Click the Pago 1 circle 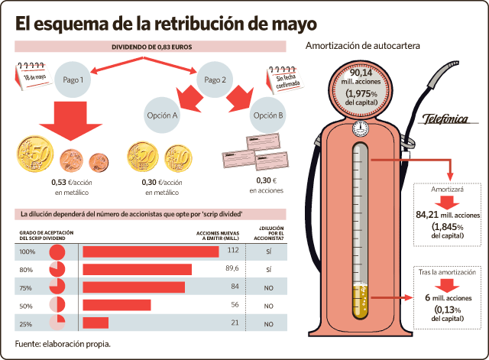click(73, 79)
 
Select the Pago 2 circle click(215, 79)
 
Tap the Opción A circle click(162, 115)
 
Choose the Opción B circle click(268, 115)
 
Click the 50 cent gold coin click(35, 154)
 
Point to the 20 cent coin click(143, 157)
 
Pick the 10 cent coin click(178, 158)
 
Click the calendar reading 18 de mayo click(34, 76)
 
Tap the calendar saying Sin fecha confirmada click(285, 79)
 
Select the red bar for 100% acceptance click(151, 251)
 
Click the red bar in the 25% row click(96, 323)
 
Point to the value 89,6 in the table click(232, 268)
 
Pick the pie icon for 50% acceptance click(57, 304)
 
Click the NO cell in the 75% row click(268, 288)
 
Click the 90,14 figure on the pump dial click(361, 73)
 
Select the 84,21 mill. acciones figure click(448, 215)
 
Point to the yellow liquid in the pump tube click(360, 301)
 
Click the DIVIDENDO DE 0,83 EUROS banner click(151, 47)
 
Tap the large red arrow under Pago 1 click(71, 121)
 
